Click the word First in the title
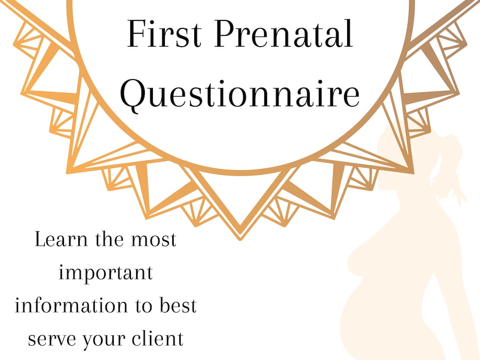click(x=164, y=35)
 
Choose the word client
click(x=159, y=339)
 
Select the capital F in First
click(x=135, y=35)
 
